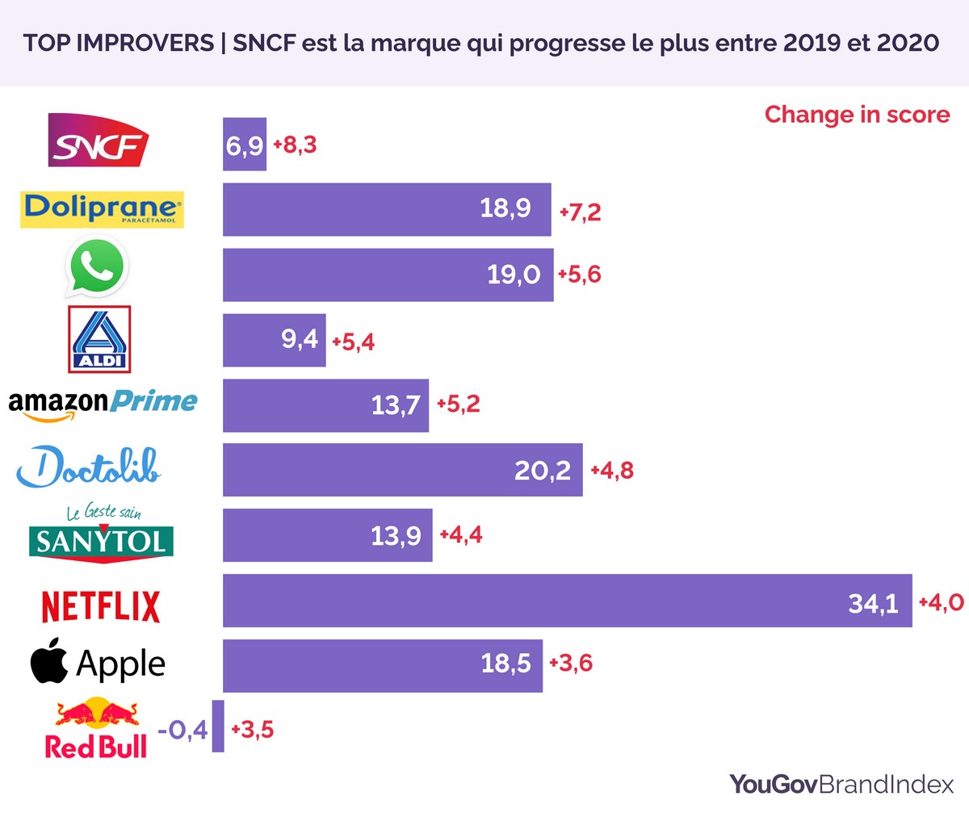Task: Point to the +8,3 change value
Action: pyautogui.click(x=295, y=145)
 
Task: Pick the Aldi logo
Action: pyautogui.click(x=99, y=339)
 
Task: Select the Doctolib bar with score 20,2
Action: pyautogui.click(x=402, y=470)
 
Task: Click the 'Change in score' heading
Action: pyautogui.click(x=857, y=114)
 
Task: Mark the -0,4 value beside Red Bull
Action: pyautogui.click(x=183, y=731)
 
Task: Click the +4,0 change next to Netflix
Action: pyautogui.click(x=941, y=602)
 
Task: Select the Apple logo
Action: pyautogui.click(x=98, y=664)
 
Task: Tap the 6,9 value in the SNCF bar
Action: pyautogui.click(x=245, y=146)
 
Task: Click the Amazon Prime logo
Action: pyautogui.click(x=103, y=402)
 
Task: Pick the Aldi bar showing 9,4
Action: pyautogui.click(x=274, y=340)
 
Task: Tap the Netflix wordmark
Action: pyautogui.click(x=101, y=606)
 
